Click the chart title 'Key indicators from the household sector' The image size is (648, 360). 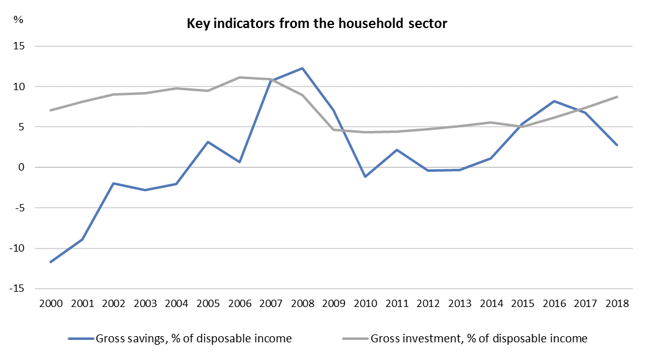click(317, 24)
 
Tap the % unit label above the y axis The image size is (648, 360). click(18, 19)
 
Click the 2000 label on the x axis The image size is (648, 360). click(51, 303)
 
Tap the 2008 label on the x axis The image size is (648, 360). click(302, 303)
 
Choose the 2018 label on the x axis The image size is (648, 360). click(617, 303)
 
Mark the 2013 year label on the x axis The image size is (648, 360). click(460, 303)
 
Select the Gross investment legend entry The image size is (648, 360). click(466, 339)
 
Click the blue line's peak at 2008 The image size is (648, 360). click(302, 68)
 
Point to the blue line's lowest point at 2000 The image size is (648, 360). click(51, 262)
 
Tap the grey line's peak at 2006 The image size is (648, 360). click(240, 77)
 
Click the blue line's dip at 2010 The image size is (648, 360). click(365, 177)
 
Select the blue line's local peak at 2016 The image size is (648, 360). click(554, 101)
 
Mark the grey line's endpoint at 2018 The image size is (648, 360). click(617, 97)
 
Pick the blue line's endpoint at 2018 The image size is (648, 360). click(617, 145)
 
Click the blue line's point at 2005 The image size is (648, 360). click(208, 142)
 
